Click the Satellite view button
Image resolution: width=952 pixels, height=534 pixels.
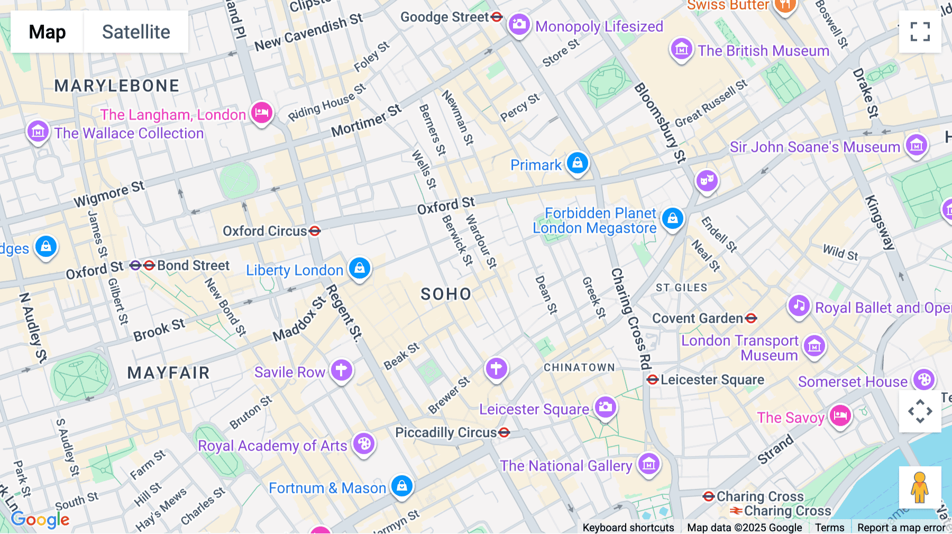136,32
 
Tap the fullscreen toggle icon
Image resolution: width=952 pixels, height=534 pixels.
920,32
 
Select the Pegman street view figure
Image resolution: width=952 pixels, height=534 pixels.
920,487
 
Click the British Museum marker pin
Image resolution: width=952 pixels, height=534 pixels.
681,49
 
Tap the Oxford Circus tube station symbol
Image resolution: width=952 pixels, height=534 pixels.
315,231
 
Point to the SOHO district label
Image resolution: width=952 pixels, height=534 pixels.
445,294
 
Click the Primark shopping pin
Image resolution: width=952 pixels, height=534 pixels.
577,163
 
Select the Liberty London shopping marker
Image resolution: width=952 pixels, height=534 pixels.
360,268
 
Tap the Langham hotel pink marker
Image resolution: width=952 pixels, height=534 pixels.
261,113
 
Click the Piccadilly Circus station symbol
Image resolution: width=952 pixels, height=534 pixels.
504,432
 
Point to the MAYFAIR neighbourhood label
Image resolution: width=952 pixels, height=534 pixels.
168,373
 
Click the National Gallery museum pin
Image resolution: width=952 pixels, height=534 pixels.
648,464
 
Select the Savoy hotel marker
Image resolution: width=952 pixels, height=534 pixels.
840,416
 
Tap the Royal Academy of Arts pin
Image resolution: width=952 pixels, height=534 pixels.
364,444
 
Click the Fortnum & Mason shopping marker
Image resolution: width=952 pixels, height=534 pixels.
401,485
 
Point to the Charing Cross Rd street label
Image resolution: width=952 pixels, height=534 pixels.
630,317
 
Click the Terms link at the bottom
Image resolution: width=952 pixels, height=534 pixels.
829,527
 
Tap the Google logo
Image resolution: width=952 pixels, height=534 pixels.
40,519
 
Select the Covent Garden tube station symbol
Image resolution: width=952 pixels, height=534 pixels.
751,318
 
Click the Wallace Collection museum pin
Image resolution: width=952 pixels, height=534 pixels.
38,132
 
